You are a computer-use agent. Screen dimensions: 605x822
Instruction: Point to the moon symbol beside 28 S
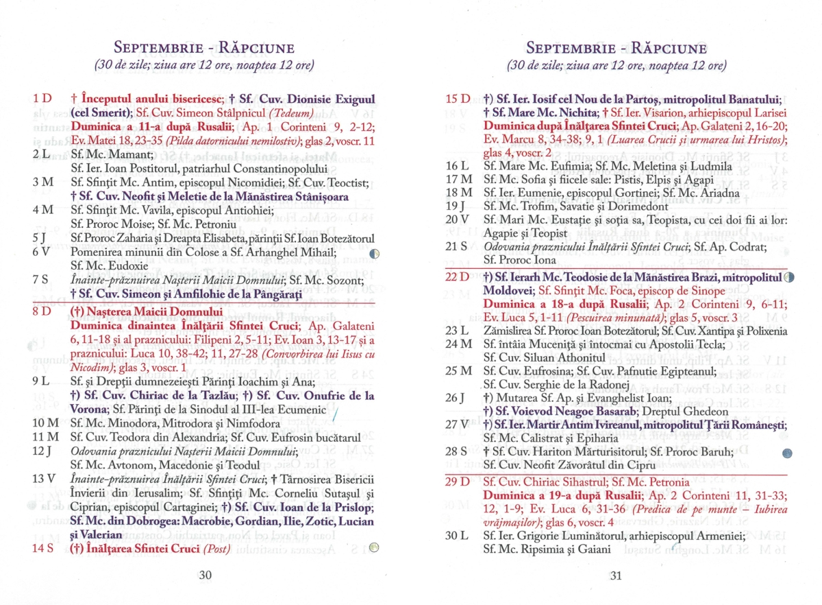tap(787, 453)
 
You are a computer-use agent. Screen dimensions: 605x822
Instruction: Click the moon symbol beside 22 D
tap(788, 277)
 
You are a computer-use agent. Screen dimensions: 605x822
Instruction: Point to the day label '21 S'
tap(457, 246)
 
